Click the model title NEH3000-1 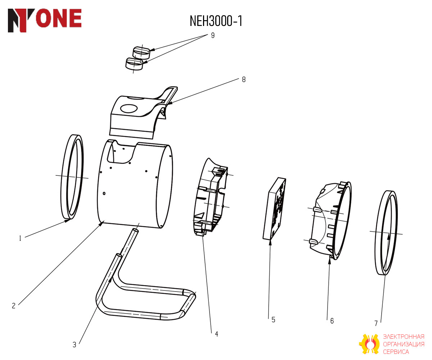tap(216, 21)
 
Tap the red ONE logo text tap(59, 18)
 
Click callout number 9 tap(213, 35)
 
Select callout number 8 tap(244, 80)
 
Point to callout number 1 tap(20, 238)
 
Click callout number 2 tap(14, 306)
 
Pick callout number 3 tap(75, 345)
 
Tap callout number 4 tap(216, 334)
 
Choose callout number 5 tap(273, 320)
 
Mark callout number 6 tap(332, 321)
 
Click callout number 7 tap(376, 323)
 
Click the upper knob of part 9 tap(141, 52)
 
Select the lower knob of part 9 tap(134, 63)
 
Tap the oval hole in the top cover tap(129, 108)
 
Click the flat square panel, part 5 tap(274, 209)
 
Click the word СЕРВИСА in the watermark tap(396, 351)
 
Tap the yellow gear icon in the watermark tap(369, 344)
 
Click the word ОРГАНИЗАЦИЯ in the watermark tap(404, 344)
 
